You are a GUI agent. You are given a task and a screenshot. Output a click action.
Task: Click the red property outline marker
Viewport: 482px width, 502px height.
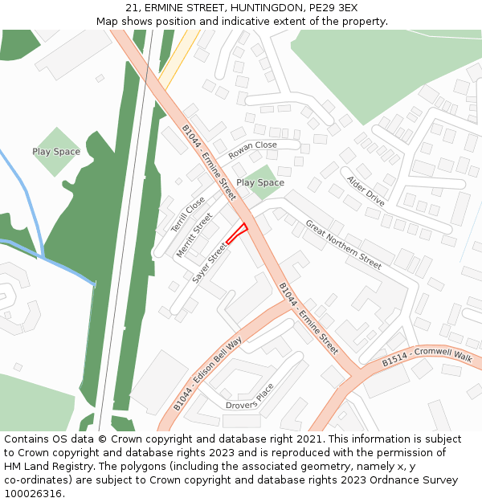pos(235,235)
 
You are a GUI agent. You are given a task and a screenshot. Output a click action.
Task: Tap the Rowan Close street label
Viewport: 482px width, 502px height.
pos(252,150)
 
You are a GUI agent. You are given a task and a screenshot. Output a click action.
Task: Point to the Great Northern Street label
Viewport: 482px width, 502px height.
pos(343,246)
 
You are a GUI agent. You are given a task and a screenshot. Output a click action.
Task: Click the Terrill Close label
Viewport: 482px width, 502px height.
pos(188,215)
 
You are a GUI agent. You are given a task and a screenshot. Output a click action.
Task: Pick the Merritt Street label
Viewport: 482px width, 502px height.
pos(194,235)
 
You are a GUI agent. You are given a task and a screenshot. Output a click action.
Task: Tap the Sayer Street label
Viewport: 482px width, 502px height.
pos(210,264)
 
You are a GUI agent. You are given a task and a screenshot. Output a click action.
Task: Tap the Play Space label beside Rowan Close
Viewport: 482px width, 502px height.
pos(259,183)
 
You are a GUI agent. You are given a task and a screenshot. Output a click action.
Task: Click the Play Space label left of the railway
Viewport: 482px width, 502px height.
pos(56,152)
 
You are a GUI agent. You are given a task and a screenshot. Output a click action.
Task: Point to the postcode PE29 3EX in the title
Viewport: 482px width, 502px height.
pos(329,7)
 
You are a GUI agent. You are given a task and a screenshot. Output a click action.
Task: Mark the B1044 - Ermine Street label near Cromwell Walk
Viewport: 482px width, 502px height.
pos(308,319)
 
